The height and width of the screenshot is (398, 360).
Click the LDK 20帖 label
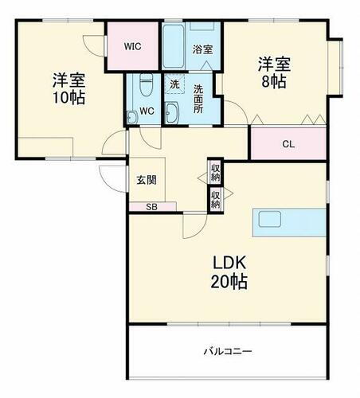[229, 271]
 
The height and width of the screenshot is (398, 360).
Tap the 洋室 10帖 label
[68, 89]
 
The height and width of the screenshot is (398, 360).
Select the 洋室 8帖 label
[273, 72]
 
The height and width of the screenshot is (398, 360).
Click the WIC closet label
[133, 46]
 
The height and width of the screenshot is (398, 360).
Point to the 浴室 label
[203, 49]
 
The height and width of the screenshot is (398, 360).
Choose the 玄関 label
[145, 180]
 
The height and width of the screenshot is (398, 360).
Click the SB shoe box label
[151, 207]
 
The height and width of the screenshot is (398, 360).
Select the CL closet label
[288, 144]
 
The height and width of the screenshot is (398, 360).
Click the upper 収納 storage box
[215, 171]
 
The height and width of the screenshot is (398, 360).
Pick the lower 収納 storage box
[215, 199]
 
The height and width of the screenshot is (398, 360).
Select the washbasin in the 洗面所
[173, 111]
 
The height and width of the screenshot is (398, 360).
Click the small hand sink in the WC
[131, 116]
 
